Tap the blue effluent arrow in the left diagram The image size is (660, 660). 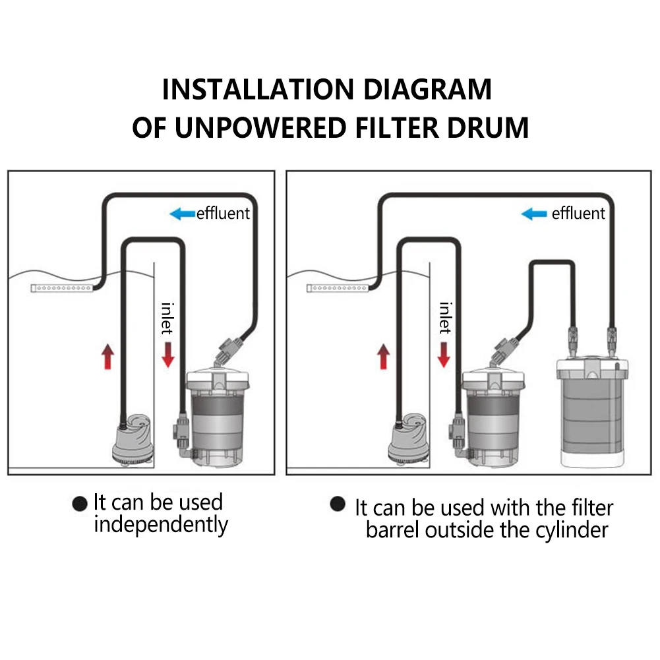(182, 214)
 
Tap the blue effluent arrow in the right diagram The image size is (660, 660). (534, 214)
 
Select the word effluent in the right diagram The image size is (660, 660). (578, 214)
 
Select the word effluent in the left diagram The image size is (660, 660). (224, 214)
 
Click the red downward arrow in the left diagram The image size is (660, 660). (168, 354)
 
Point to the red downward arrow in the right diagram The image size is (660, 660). (444, 354)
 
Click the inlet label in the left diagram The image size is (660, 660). (168, 318)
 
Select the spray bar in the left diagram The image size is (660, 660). (63, 288)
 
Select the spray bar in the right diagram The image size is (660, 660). (338, 288)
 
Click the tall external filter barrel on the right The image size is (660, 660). (590, 409)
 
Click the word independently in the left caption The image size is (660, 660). (160, 525)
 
